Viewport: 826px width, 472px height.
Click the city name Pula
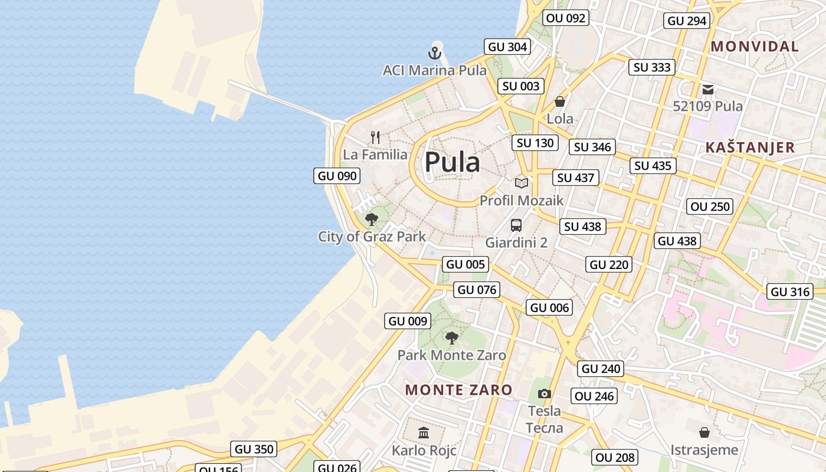452,162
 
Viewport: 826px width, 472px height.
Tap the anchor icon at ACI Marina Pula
435,53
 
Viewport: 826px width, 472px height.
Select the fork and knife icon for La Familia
375,137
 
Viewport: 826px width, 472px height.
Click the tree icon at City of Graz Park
372,220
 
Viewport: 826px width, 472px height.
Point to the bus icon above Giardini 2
516,225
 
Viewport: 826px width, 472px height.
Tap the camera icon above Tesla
544,394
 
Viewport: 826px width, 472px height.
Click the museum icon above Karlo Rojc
424,433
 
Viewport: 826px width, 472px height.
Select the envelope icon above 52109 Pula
708,90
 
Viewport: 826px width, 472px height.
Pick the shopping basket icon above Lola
560,101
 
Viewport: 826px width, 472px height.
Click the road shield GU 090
337,176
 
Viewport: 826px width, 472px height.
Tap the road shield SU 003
521,86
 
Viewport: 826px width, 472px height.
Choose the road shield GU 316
791,291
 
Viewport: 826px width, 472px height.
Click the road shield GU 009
408,321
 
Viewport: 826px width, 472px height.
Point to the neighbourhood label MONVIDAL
755,47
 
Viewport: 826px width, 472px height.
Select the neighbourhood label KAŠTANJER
750,147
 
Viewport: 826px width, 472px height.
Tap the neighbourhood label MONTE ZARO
458,389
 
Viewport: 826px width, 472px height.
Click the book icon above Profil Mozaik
521,183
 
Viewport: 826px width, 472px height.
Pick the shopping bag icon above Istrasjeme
704,432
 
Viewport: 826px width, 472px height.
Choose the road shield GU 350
254,449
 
